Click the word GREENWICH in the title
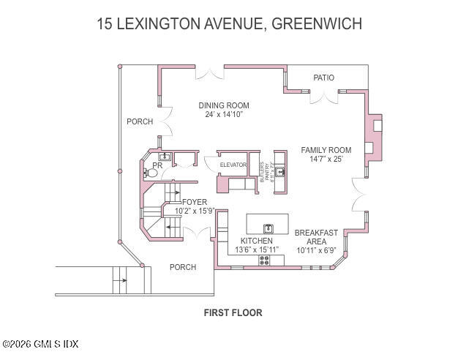pyautogui.click(x=316, y=24)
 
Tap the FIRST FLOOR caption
pyautogui.click(x=233, y=312)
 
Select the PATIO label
pyautogui.click(x=323, y=78)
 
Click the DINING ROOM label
pyautogui.click(x=224, y=105)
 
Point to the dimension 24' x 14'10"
pyautogui.click(x=223, y=115)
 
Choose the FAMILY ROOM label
pyautogui.click(x=326, y=150)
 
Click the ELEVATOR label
pyautogui.click(x=233, y=165)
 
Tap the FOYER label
pyautogui.click(x=195, y=202)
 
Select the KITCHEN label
pyautogui.click(x=256, y=241)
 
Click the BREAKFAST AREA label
pyautogui.click(x=316, y=237)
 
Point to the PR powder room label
pyautogui.click(x=157, y=165)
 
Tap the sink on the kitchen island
pyautogui.click(x=268, y=229)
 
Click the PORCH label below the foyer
pyautogui.click(x=182, y=267)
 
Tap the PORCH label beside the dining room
pyautogui.click(x=139, y=121)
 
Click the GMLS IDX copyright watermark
pyautogui.click(x=40, y=344)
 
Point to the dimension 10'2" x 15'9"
pyautogui.click(x=195, y=211)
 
